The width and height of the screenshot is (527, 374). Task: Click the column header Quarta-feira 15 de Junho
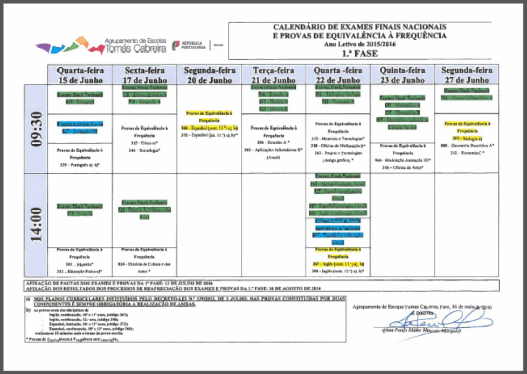click(80, 75)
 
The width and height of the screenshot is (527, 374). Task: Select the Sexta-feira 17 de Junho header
click(144, 75)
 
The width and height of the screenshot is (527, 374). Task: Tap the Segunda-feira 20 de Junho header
click(209, 75)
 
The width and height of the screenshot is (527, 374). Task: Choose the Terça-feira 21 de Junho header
click(273, 75)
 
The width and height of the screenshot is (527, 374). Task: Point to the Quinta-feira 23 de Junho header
click(402, 75)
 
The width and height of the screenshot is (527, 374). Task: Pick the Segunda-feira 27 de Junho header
click(467, 75)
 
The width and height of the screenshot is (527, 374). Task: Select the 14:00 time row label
click(36, 225)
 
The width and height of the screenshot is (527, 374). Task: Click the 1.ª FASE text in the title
click(359, 54)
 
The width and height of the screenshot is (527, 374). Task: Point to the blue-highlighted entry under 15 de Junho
click(79, 128)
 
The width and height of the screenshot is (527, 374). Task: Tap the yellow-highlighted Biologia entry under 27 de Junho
click(467, 138)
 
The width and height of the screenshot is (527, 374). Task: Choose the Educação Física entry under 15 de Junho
click(80, 272)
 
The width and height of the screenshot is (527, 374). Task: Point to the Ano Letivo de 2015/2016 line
click(359, 45)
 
